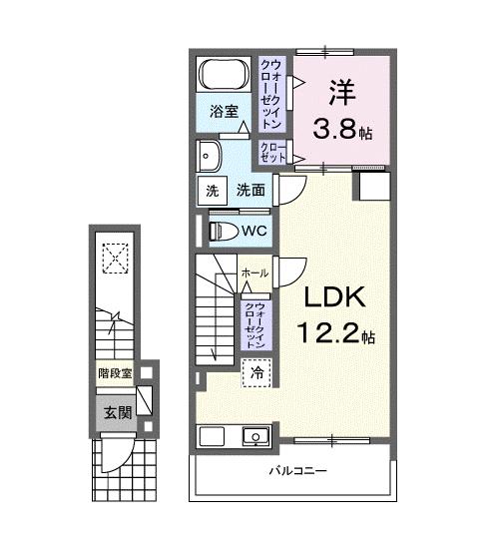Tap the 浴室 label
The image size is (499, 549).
point(223,113)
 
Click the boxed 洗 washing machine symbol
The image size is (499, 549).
point(211,191)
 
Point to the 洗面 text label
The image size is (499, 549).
point(249,191)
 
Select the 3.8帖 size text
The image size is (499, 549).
point(340,129)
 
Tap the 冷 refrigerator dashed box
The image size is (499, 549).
point(254,372)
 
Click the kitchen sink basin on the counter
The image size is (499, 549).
point(255,435)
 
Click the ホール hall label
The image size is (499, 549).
point(253,273)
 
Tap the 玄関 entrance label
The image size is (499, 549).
point(113,410)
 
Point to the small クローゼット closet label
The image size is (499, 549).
point(273,152)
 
